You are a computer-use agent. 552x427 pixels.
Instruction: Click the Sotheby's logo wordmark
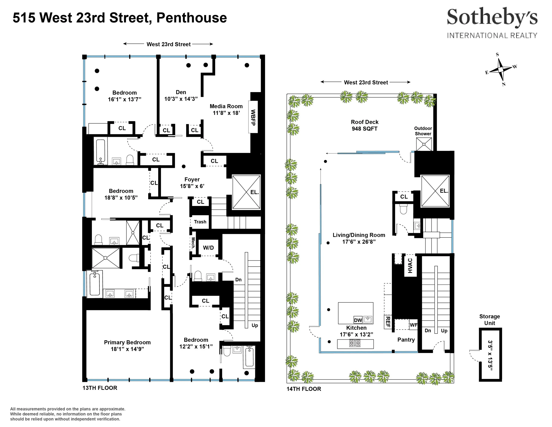click(x=492, y=17)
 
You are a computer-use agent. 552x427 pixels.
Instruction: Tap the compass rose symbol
click(x=501, y=69)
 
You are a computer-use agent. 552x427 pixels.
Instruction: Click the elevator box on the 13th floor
click(x=246, y=192)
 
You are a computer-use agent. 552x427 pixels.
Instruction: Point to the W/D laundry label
click(x=208, y=248)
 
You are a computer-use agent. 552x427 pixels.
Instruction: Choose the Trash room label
click(x=200, y=222)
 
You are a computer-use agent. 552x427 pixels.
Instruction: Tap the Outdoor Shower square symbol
click(x=424, y=144)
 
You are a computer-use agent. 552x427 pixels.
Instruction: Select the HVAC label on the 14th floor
click(x=410, y=266)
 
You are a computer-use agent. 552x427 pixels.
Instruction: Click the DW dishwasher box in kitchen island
click(x=358, y=320)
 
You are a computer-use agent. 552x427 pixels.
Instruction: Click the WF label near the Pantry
click(x=413, y=325)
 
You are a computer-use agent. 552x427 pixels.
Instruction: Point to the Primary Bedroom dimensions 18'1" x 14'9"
click(x=127, y=349)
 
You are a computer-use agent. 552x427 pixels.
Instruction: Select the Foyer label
click(x=192, y=179)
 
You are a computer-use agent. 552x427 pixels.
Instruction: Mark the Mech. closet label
click(x=193, y=243)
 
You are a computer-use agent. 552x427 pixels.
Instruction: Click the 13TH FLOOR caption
click(x=100, y=388)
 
